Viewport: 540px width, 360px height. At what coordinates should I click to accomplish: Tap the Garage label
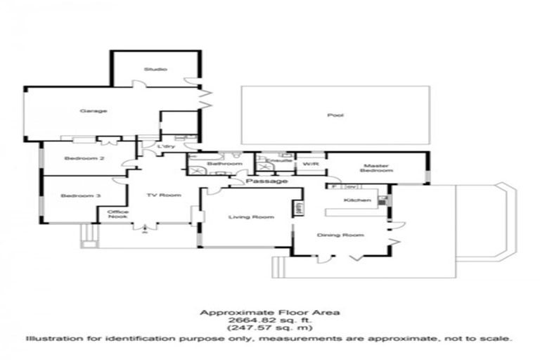[88, 111]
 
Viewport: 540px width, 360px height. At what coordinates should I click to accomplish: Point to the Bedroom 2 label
[84, 158]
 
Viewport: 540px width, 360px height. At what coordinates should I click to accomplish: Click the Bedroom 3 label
[75, 195]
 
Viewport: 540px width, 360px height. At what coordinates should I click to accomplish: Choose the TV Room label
[164, 195]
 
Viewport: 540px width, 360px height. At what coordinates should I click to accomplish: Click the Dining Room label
[340, 235]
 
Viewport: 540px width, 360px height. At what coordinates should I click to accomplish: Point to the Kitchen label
[352, 200]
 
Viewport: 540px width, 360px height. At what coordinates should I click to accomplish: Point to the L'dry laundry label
[165, 146]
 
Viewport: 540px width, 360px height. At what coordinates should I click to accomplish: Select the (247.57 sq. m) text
[269, 328]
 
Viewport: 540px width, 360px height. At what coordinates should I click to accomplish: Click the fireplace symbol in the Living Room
[298, 208]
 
